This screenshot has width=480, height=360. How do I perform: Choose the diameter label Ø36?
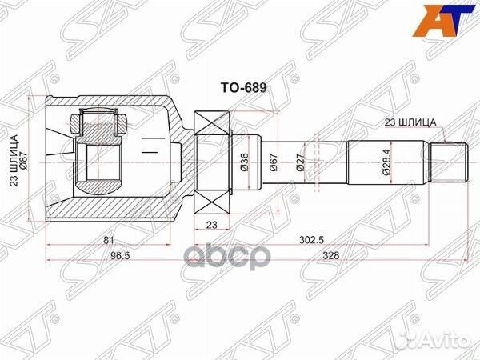pos(245,165)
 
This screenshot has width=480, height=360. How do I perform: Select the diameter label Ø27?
pos(301,165)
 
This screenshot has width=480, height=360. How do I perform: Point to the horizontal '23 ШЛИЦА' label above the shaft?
pos(410,121)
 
